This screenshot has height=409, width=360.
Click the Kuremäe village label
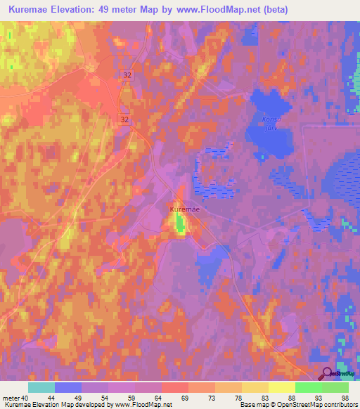(184, 209)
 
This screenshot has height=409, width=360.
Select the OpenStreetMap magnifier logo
(328, 375)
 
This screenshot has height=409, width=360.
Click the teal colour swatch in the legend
(41, 387)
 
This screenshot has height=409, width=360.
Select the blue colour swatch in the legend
(68, 387)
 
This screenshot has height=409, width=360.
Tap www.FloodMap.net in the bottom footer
(144, 405)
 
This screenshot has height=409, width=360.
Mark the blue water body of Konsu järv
(271, 141)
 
